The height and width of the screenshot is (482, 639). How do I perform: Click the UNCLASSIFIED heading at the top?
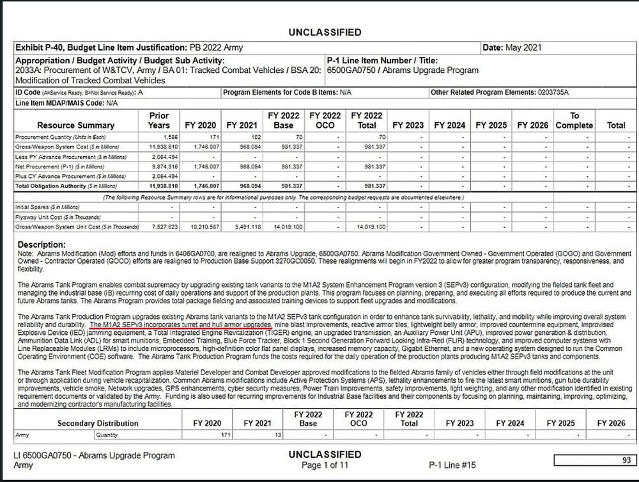[x=325, y=32]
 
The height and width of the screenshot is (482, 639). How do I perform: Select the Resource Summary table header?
[x=75, y=125]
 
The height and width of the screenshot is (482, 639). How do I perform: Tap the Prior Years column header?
[x=158, y=120]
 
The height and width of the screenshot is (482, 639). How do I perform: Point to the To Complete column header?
[x=574, y=120]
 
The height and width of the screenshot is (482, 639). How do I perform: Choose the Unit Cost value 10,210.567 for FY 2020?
[x=202, y=226]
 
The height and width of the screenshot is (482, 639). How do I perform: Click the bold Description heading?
[x=42, y=245]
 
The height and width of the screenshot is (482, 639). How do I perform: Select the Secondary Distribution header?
[x=98, y=423]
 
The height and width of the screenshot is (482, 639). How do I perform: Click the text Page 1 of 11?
[x=325, y=465]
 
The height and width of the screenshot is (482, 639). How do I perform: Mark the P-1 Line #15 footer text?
[x=452, y=465]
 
